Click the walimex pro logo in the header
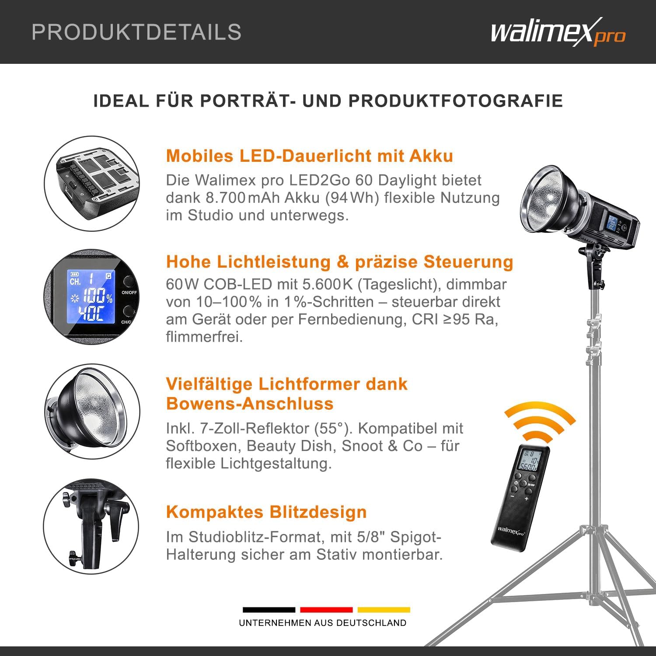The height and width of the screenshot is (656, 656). pyautogui.click(x=558, y=32)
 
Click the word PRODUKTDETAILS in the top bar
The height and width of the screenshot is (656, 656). pyautogui.click(x=136, y=32)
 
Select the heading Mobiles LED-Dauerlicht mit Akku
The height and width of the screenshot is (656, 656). pyautogui.click(x=310, y=156)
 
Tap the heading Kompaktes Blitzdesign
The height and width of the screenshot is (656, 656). pyautogui.click(x=266, y=512)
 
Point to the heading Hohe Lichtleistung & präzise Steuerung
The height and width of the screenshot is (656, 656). pyautogui.click(x=340, y=262)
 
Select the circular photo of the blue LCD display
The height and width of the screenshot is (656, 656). pyautogui.click(x=91, y=298)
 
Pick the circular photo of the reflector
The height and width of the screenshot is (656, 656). pyautogui.click(x=91, y=412)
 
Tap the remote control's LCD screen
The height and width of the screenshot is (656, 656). pyautogui.click(x=531, y=461)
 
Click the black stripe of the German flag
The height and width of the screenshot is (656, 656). pyautogui.click(x=269, y=610)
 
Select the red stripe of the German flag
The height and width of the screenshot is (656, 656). pyautogui.click(x=326, y=610)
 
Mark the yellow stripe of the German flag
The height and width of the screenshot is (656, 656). pyautogui.click(x=384, y=610)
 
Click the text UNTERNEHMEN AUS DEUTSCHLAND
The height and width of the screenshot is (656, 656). pyautogui.click(x=323, y=623)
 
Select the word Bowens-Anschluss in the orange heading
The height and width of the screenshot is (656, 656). pyautogui.click(x=250, y=403)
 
